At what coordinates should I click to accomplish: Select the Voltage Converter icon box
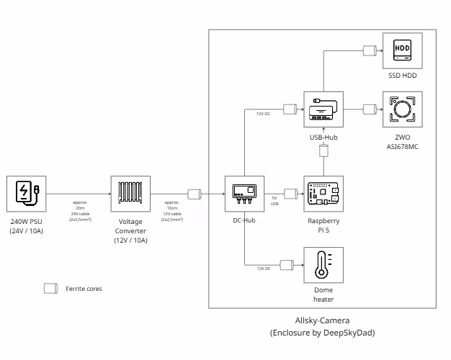pyautogui.click(x=130, y=194)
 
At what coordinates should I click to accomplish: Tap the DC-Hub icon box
pyautogui.click(x=244, y=194)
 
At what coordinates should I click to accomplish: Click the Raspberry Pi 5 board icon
pyautogui.click(x=323, y=194)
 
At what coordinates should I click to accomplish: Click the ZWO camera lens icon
pyautogui.click(x=403, y=109)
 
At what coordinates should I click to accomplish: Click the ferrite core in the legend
pyautogui.click(x=50, y=288)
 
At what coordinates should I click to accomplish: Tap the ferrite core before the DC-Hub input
pyautogui.click(x=195, y=194)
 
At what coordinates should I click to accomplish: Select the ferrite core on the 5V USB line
pyautogui.click(x=290, y=194)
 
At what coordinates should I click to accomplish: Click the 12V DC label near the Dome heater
pyautogui.click(x=264, y=268)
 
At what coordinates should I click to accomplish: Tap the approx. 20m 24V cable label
pyautogui.click(x=79, y=211)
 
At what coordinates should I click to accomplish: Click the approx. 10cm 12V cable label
pyautogui.click(x=171, y=211)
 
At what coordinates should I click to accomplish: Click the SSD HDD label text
pyautogui.click(x=403, y=75)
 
